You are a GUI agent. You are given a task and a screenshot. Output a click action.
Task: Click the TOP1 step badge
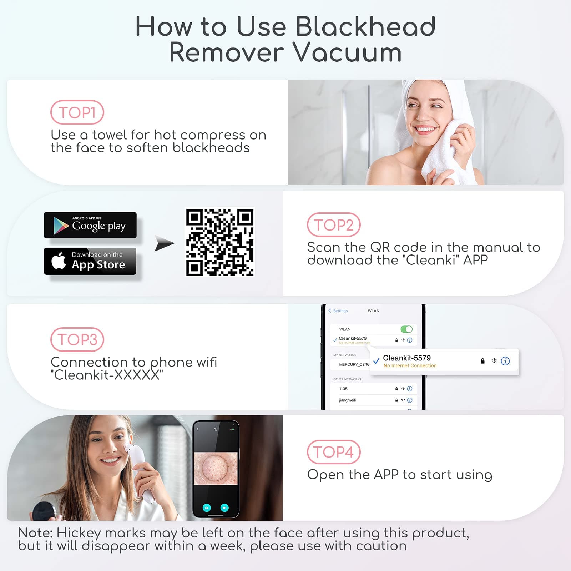coord(77,112)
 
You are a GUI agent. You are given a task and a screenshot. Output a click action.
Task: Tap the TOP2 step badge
coord(334,225)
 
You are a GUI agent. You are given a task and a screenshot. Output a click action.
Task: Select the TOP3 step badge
coord(77,339)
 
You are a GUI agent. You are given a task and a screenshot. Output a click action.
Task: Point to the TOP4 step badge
coord(334,452)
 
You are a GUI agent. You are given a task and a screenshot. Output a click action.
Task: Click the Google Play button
coord(90,225)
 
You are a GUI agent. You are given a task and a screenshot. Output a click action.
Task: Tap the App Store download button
coord(90,261)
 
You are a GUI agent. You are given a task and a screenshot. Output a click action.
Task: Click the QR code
coord(220,242)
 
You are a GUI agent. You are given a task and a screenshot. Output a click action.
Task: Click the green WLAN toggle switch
coord(406,329)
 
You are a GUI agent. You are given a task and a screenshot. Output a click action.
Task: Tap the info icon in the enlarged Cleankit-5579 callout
coord(505,361)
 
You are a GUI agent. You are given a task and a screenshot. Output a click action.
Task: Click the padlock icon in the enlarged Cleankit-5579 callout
coord(482,361)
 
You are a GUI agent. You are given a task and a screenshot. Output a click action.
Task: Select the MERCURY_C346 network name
coord(354,364)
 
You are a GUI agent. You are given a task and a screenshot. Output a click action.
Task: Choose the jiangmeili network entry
coord(348,400)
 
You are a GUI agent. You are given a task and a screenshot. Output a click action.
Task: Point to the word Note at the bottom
coord(35,533)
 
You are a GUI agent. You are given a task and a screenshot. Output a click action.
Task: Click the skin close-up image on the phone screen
coord(216,469)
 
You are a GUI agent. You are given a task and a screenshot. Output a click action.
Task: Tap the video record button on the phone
coord(224,507)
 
